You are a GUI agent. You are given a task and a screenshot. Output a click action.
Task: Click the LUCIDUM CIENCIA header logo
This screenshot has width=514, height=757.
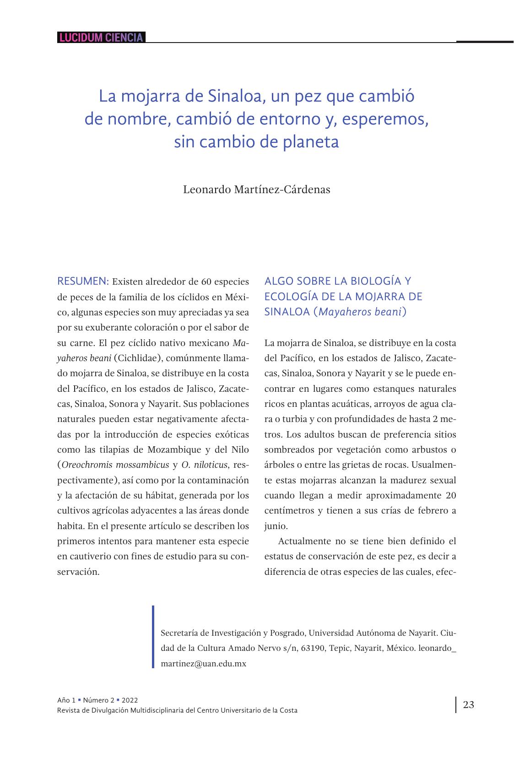coord(101,38)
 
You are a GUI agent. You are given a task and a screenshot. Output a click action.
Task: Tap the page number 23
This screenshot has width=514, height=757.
coord(468,704)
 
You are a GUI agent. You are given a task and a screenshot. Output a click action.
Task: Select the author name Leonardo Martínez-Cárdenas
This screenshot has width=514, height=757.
coord(256,189)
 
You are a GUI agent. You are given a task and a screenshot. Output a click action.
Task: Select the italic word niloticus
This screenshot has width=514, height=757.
coord(210,465)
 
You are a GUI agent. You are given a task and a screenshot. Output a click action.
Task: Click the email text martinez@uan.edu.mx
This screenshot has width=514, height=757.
coord(204,664)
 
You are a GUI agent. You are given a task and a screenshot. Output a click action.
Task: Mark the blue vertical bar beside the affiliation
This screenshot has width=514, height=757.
coord(153,637)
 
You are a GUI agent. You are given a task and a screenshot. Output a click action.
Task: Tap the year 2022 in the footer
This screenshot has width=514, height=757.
coord(130,700)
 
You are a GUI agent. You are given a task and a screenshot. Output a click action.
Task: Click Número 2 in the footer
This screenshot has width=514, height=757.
coord(98,700)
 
